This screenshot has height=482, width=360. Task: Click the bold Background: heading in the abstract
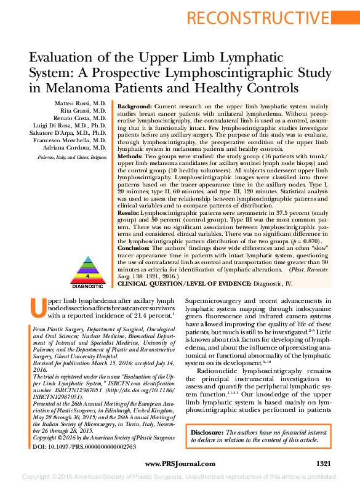tap(135, 106)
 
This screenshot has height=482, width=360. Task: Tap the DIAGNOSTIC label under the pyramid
tap(87, 286)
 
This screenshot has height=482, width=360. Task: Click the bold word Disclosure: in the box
tap(207, 433)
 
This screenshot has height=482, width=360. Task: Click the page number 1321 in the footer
tap(324, 463)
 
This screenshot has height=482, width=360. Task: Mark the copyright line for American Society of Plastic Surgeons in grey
tap(180, 476)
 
